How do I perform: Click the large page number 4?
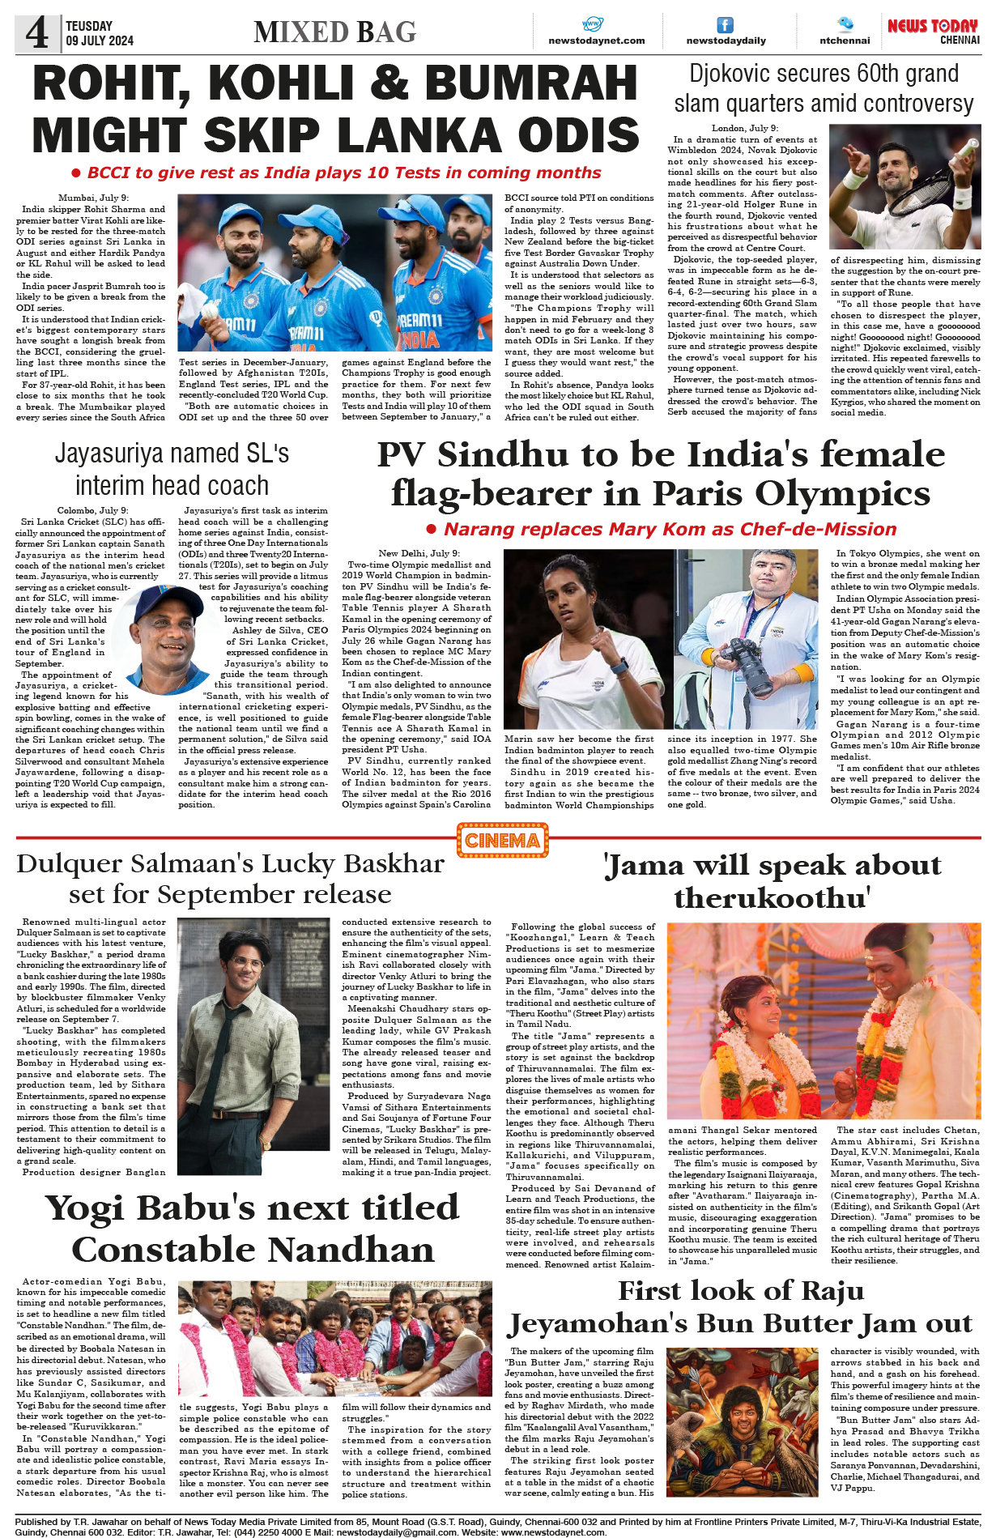click(37, 33)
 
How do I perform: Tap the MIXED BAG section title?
click(334, 32)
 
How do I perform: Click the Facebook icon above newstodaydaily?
click(726, 25)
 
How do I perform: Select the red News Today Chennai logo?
click(933, 31)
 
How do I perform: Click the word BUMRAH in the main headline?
click(531, 83)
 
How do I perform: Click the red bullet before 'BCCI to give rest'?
click(76, 173)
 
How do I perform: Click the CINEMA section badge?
click(502, 841)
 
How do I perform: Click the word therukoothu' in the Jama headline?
click(772, 897)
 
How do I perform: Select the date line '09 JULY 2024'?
click(100, 40)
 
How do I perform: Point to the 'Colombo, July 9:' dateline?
click(92, 510)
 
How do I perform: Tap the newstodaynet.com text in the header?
click(596, 40)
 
